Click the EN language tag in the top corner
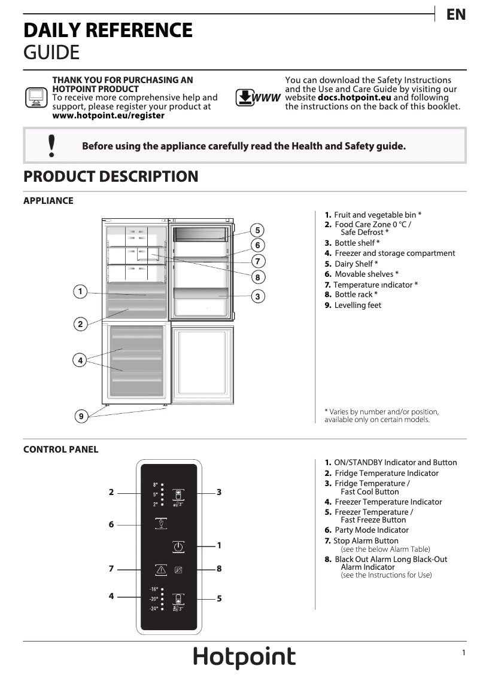[x=456, y=15]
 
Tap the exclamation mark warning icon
[x=51, y=145]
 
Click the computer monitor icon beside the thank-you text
[x=36, y=97]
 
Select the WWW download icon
[x=257, y=97]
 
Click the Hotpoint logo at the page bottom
[x=244, y=657]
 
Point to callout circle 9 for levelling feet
[x=80, y=416]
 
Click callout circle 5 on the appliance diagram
[x=257, y=230]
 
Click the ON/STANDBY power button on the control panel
[x=178, y=546]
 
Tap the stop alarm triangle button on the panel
[x=161, y=570]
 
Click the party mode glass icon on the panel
[x=161, y=524]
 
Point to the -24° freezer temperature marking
[x=154, y=609]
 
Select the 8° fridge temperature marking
[x=155, y=484]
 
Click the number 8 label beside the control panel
[x=219, y=569]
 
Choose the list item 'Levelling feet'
[x=357, y=306]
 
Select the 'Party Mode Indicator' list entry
[x=371, y=530]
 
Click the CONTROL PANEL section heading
[x=60, y=450]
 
